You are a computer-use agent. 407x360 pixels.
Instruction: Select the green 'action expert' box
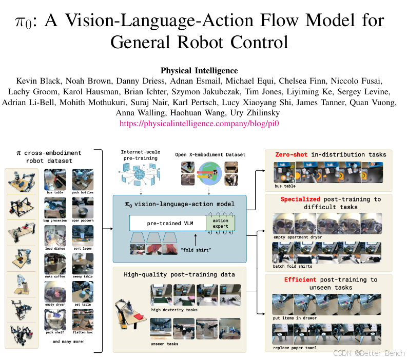[x=220, y=223]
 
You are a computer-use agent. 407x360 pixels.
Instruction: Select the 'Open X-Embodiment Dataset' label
[x=210, y=154]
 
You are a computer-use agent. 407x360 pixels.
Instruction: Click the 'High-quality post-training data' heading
[x=179, y=274]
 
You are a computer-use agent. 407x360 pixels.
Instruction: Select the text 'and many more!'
[x=69, y=342]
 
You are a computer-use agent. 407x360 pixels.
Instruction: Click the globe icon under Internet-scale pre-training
[x=140, y=174]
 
